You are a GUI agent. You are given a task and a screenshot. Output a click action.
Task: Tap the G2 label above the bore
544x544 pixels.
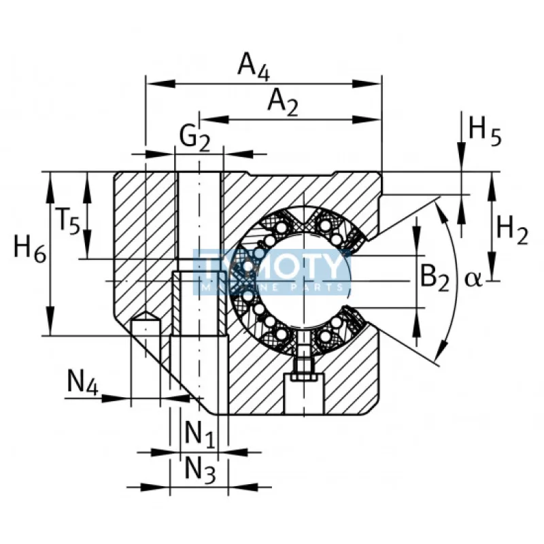point(194,137)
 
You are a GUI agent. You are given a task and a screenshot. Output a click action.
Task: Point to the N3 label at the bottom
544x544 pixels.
point(201,471)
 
